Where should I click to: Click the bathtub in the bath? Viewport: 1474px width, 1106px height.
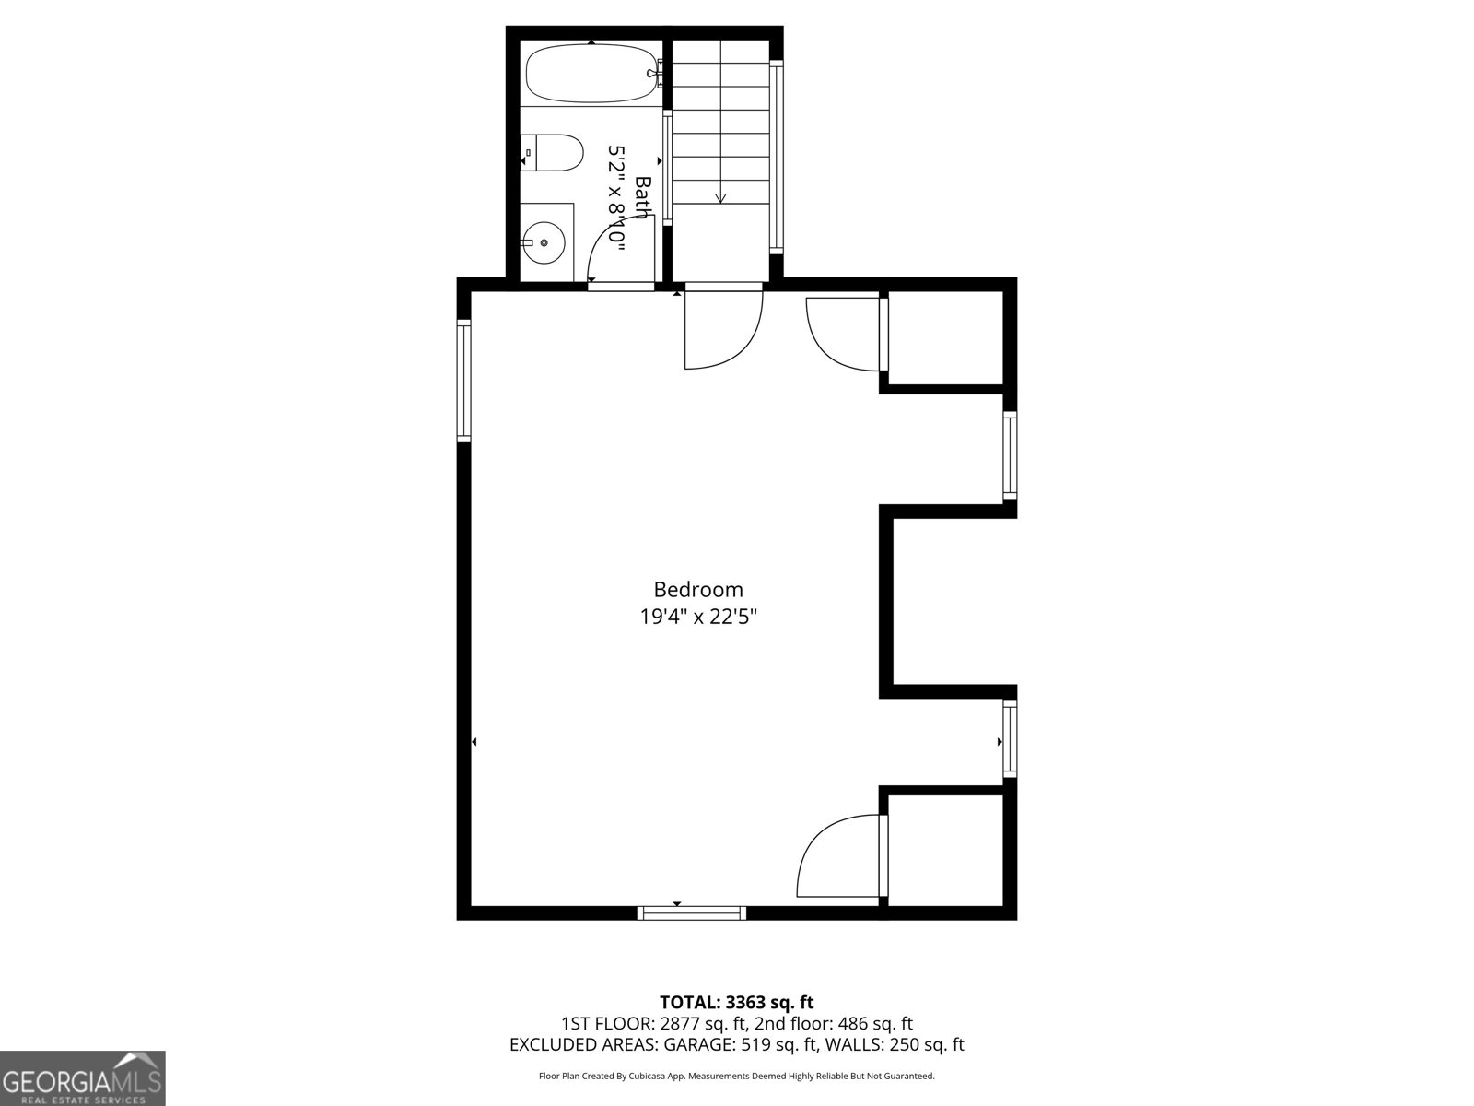pyautogui.click(x=591, y=74)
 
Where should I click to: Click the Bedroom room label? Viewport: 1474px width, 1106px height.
pyautogui.click(x=698, y=590)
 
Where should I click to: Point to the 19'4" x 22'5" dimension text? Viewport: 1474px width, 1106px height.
pyautogui.click(x=698, y=617)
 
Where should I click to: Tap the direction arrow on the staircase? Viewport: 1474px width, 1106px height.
pyautogui.click(x=720, y=196)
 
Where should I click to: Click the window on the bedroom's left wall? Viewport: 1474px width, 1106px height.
pyautogui.click(x=463, y=380)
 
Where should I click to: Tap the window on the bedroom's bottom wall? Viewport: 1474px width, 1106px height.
pyautogui.click(x=692, y=913)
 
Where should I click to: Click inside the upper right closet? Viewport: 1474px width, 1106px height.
pyautogui.click(x=944, y=338)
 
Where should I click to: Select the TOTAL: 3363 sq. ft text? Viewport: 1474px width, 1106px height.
pyautogui.click(x=736, y=1002)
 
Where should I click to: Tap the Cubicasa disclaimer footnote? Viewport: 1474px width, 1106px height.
pyautogui.click(x=736, y=1076)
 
